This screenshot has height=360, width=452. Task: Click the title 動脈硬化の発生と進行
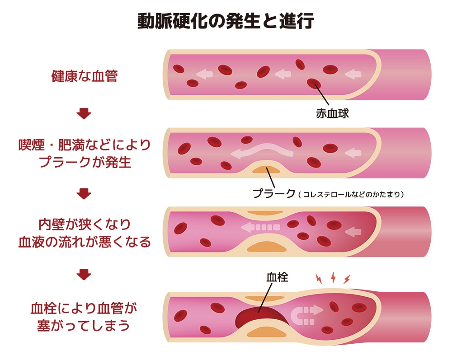click(226, 21)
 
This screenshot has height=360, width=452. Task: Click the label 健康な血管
click(85, 76)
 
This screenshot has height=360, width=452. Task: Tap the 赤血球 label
click(332, 113)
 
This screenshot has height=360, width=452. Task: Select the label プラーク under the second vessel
click(274, 193)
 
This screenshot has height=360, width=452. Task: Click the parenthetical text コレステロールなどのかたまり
click(351, 194)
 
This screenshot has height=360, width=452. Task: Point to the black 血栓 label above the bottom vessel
click(277, 277)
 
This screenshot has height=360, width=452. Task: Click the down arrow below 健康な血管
click(84, 113)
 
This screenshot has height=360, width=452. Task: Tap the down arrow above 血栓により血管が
click(84, 275)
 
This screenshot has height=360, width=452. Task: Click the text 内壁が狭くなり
click(85, 224)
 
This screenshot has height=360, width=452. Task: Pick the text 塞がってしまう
click(84, 326)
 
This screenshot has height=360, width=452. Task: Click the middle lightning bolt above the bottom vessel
click(333, 277)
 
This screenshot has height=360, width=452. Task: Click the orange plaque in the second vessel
click(266, 170)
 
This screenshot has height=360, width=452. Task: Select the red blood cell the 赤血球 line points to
click(314, 84)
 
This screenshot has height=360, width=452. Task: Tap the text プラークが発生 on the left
click(85, 162)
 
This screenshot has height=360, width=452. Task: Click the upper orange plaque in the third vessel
click(265, 213)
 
